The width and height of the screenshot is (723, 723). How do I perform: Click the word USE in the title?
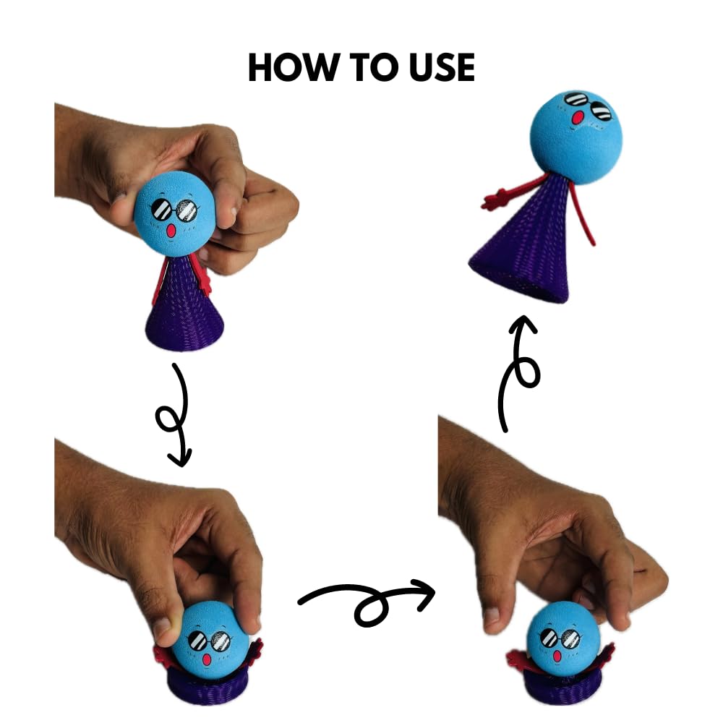pyautogui.click(x=436, y=67)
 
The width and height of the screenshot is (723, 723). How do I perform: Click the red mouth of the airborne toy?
pyautogui.click(x=578, y=117)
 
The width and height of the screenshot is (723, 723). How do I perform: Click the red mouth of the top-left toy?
pyautogui.click(x=171, y=231)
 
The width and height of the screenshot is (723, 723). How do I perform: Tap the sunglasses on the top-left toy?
pyautogui.click(x=174, y=210)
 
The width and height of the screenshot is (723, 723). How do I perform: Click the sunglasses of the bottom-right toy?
pyautogui.click(x=560, y=638)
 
